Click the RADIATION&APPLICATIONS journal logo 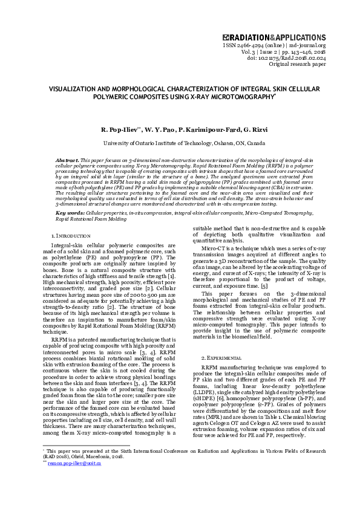(x=274, y=37)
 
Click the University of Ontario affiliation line (x=180, y=143)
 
